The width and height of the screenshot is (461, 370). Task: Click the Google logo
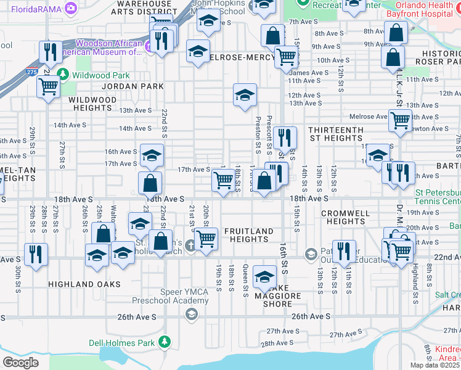click(20, 362)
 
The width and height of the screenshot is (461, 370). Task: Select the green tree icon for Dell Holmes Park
click(165, 342)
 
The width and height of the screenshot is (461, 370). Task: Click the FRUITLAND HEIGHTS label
click(248, 235)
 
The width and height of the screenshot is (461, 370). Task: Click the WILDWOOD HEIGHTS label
click(92, 104)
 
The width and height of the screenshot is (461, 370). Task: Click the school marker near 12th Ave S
click(245, 95)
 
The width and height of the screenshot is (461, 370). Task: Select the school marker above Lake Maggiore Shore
click(264, 276)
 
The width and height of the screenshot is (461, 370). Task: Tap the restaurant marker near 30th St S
click(36, 253)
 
